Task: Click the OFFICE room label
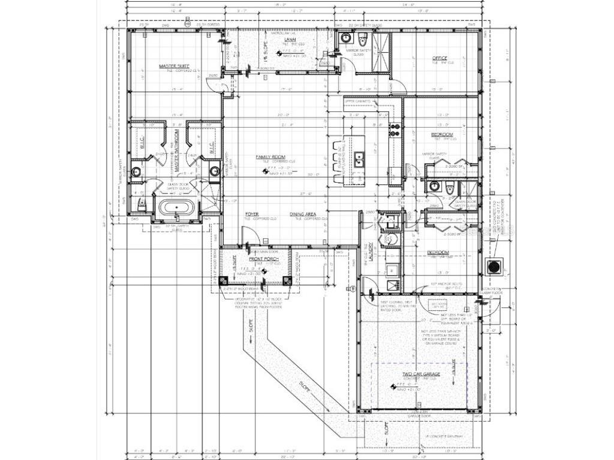pos(440,58)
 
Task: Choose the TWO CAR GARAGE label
pos(421,374)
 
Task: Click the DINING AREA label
pos(303,214)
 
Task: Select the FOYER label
pos(251,214)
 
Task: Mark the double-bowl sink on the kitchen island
pos(359,159)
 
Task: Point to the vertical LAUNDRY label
pos(371,249)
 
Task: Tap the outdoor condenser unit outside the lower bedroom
pos(495,266)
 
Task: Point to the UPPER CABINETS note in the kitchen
pos(358,101)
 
